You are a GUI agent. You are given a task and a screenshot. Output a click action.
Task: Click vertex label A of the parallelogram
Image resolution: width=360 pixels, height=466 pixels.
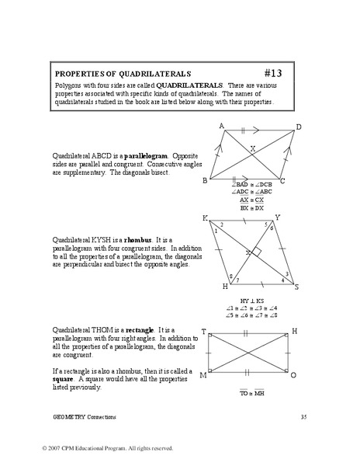click(x=222, y=126)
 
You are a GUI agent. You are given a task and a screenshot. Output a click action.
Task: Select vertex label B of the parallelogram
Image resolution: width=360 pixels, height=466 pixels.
click(x=204, y=180)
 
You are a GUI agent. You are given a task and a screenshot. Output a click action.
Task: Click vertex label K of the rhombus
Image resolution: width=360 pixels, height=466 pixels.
click(x=205, y=218)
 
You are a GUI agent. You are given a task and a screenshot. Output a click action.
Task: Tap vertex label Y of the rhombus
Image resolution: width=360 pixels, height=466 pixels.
click(x=278, y=218)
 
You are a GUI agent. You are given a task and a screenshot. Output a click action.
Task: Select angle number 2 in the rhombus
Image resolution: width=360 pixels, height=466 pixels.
click(x=223, y=224)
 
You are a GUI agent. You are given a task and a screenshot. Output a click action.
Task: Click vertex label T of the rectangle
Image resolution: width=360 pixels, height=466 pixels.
click(x=204, y=331)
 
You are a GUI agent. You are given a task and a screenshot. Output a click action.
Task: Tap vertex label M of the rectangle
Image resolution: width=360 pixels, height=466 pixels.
click(x=203, y=375)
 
